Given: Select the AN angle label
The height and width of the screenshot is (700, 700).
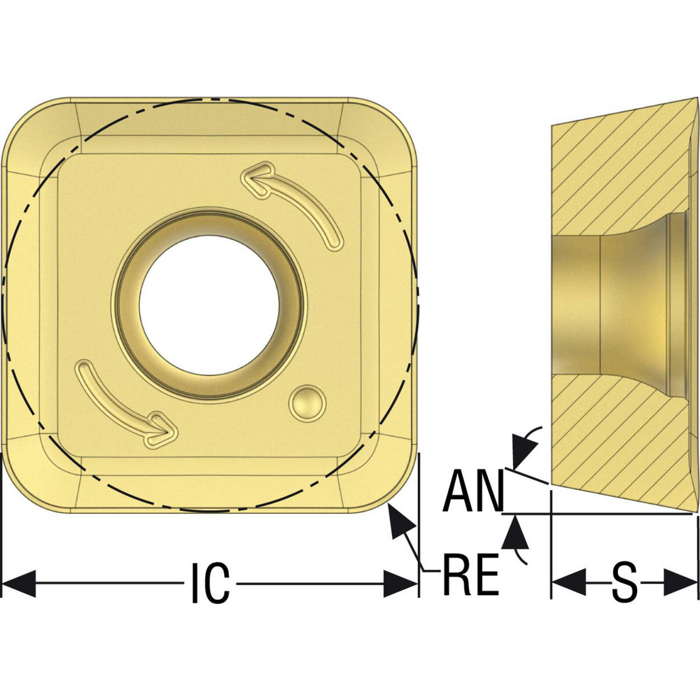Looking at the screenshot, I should click(x=473, y=492).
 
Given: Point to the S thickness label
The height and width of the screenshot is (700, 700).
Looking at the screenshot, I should click(x=624, y=582).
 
